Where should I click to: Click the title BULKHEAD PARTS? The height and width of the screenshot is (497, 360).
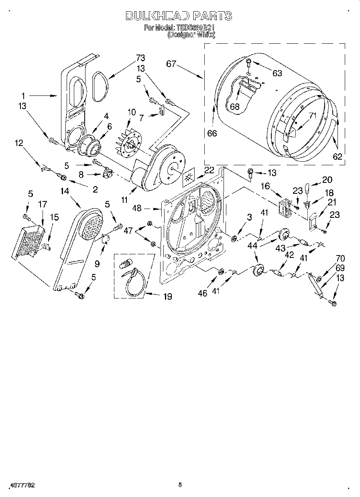click(179, 16)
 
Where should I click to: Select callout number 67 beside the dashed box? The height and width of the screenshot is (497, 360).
click(171, 64)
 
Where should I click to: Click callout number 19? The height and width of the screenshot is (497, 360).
click(167, 296)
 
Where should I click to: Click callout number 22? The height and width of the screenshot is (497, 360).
click(209, 170)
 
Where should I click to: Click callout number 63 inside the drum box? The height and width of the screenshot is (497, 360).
click(277, 73)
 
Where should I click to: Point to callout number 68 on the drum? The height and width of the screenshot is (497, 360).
click(234, 107)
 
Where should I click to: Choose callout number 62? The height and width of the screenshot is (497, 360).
click(338, 156)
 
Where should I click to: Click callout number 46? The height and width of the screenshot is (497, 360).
click(203, 293)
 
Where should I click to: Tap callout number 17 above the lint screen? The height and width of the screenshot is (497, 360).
click(43, 204)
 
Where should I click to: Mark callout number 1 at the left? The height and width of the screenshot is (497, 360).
click(23, 96)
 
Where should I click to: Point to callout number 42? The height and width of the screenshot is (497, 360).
click(289, 255)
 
